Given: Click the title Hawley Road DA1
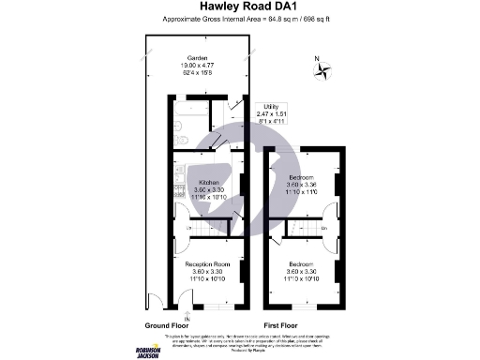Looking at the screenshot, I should click(240, 7).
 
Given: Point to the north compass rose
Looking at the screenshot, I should click(320, 68).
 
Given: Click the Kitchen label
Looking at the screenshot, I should click(208, 182).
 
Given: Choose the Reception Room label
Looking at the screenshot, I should click(208, 266).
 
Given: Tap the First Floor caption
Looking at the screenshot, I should click(282, 324).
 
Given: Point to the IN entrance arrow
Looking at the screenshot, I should click(188, 315).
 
